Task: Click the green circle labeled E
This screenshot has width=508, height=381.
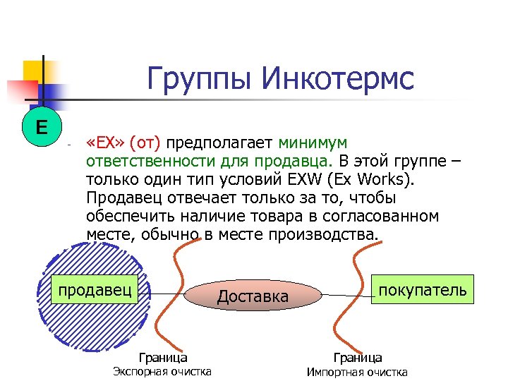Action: coord(42,128)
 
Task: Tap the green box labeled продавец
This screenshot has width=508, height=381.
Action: coord(98,290)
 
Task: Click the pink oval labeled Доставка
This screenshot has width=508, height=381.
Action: coord(253,296)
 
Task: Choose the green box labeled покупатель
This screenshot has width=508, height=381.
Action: coord(422,290)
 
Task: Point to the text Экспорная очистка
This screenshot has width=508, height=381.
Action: coord(162,372)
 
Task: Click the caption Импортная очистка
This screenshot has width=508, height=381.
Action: coord(357,372)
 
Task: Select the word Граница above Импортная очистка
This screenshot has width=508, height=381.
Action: coord(358,358)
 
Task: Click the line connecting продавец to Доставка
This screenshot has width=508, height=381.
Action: coord(168,294)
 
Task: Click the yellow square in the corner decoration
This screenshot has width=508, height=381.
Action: coord(34,71)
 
